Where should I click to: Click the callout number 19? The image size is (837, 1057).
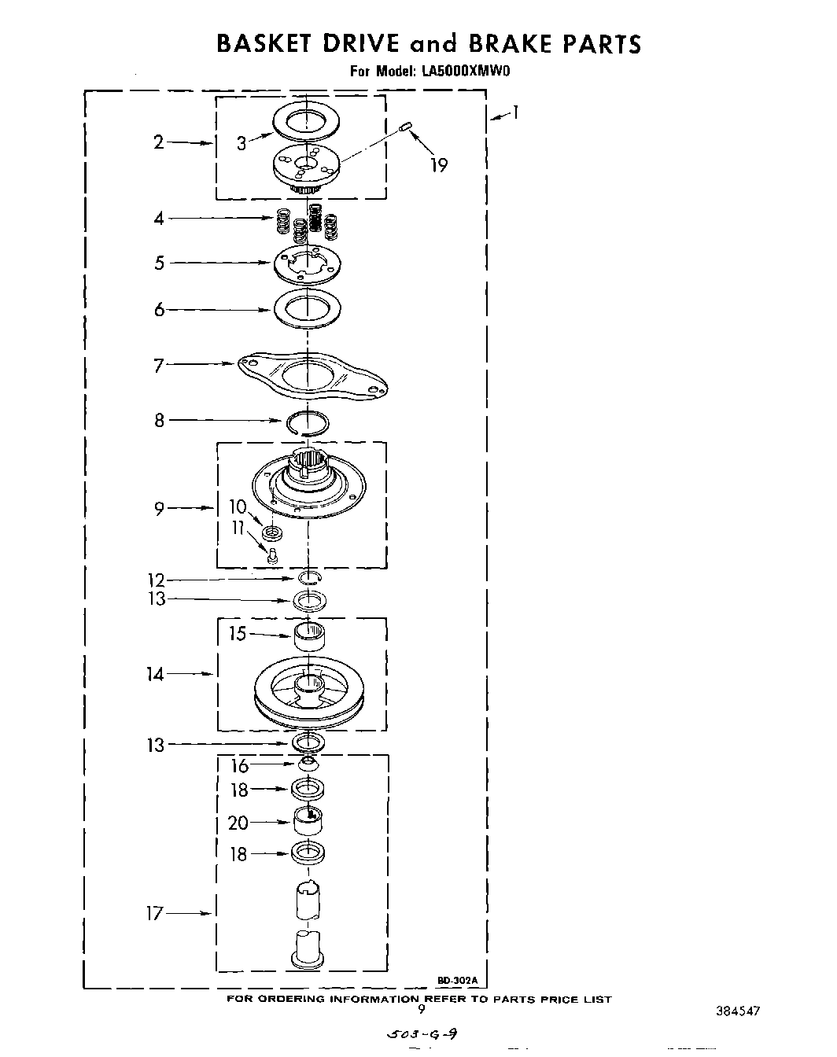(x=439, y=165)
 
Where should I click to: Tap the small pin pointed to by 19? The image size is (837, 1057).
(x=406, y=127)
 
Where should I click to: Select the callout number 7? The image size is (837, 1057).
(x=158, y=365)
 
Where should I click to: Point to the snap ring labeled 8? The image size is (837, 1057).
(x=308, y=423)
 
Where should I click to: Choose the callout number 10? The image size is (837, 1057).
(x=238, y=507)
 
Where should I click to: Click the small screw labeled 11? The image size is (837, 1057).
(x=272, y=556)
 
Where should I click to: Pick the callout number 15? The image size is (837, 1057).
(x=238, y=634)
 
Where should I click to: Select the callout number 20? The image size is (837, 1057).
(x=238, y=823)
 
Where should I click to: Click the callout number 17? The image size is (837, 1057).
(x=154, y=914)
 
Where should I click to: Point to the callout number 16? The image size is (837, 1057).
(x=239, y=765)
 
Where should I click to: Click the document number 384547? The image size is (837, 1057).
(x=737, y=1011)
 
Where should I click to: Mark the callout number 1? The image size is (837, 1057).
(x=514, y=112)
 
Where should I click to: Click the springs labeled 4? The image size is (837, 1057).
(x=308, y=223)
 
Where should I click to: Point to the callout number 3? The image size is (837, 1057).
(x=242, y=143)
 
